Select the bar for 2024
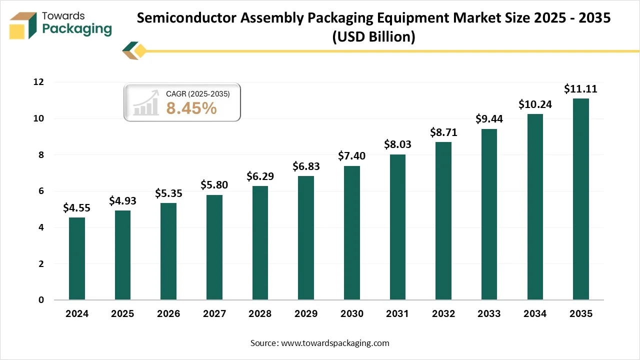coord(77,258)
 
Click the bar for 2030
coord(352,233)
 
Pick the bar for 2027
coord(214,247)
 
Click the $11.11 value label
coord(580,89)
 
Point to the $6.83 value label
coord(306,166)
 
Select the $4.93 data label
coord(122,201)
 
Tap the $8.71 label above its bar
coord(443,132)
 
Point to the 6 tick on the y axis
coord(40,191)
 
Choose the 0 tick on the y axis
coord(40,300)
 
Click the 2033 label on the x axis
coord(489,314)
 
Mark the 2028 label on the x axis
coord(260,314)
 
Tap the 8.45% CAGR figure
coord(191,107)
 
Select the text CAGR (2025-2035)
coord(197,93)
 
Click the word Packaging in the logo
coord(77,28)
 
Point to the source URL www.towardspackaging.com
coord(335,343)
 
